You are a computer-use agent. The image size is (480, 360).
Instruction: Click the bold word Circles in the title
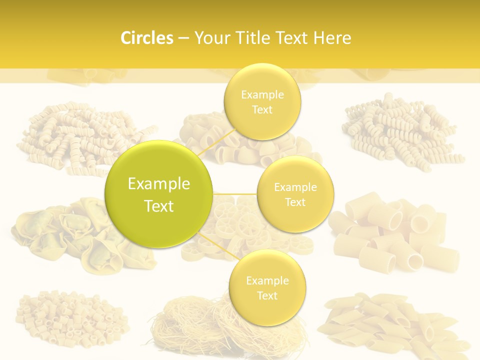[147, 38]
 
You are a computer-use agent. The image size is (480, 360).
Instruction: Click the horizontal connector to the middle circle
[235, 193]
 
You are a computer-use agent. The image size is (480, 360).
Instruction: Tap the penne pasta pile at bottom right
[395, 322]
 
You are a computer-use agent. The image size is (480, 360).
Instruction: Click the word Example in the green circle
[158, 184]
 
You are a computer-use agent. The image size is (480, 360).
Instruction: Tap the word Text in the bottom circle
[267, 295]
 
